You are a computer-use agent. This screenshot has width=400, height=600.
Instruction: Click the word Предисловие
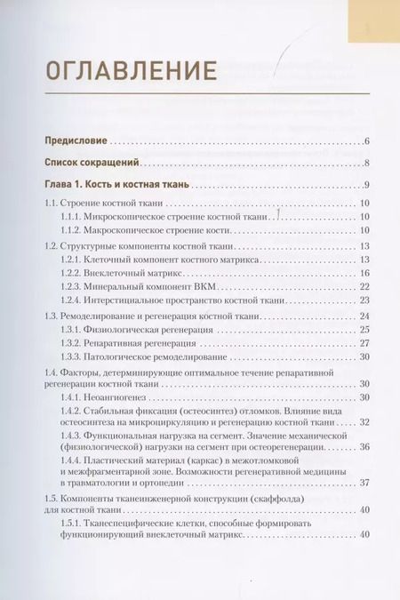pyautogui.click(x=76, y=141)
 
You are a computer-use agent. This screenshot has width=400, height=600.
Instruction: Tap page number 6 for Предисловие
pyautogui.click(x=366, y=141)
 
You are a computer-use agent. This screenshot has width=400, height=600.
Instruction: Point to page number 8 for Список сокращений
pyautogui.click(x=366, y=164)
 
